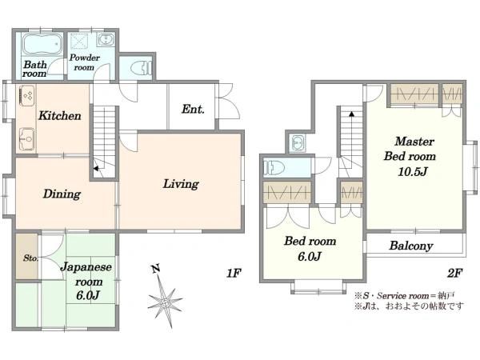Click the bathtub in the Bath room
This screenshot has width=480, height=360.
click(x=42, y=44)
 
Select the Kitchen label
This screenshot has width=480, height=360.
click(x=60, y=116)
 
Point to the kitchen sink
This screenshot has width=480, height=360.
click(x=27, y=139)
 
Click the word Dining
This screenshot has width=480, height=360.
click(x=62, y=194)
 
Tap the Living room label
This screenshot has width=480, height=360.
click(x=181, y=184)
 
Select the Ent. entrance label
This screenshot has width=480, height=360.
click(x=193, y=110)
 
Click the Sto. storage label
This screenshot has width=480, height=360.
click(x=31, y=258)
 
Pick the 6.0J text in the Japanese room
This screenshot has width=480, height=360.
click(x=88, y=295)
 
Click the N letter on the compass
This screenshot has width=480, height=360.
click(x=156, y=269)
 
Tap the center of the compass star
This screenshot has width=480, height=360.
click(x=166, y=302)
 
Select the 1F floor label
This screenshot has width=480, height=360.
click(x=234, y=273)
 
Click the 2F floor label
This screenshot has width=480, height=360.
click(x=454, y=273)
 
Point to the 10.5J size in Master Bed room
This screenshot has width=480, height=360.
click(x=412, y=172)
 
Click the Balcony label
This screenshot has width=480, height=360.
click(x=411, y=246)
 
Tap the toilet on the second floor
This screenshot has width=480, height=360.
click(x=274, y=168)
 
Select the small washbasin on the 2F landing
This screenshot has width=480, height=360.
click(x=298, y=142)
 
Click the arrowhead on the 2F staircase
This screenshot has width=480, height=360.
click(x=352, y=114)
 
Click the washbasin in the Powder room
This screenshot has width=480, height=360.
click(x=106, y=40)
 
